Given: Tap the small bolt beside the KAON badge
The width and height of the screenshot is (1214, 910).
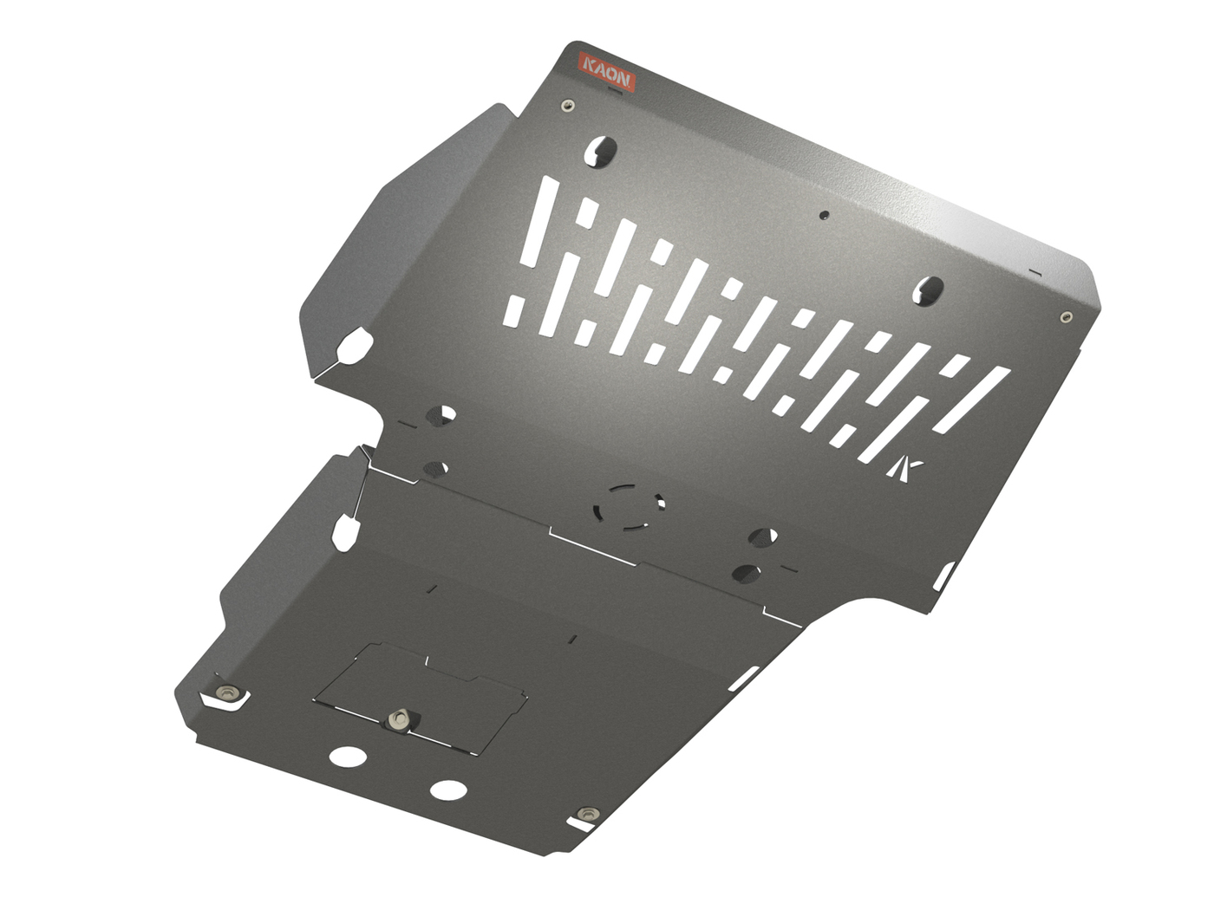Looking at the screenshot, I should click(x=567, y=105).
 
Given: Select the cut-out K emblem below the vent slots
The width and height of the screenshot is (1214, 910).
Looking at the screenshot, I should click(x=906, y=468).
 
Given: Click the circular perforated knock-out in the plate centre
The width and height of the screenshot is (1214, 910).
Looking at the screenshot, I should click(x=630, y=505).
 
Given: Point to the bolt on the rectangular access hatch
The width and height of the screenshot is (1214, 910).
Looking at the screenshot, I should click(x=399, y=719).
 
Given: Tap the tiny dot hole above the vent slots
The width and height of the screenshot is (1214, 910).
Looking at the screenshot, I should click(x=824, y=214).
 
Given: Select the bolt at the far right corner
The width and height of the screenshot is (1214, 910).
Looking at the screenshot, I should click(x=1066, y=317).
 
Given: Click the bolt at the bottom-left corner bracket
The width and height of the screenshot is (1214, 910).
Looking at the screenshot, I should click(x=229, y=692).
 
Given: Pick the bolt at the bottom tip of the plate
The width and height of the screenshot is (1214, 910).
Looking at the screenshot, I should click(x=589, y=814).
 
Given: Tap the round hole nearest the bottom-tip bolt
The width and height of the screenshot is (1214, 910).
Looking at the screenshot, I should click(x=448, y=790).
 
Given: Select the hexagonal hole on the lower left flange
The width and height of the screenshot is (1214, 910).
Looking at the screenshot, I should click(x=345, y=530).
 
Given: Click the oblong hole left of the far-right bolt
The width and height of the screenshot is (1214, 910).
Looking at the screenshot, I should click(x=928, y=290).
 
